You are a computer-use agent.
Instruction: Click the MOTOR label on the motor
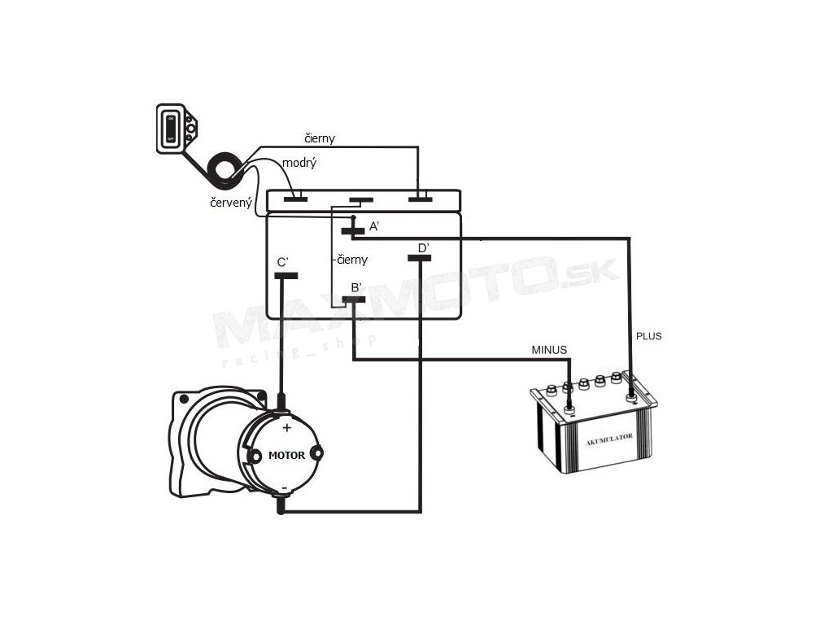[286, 455]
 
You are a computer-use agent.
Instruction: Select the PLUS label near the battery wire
[648, 335]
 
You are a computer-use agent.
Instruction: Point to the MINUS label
[549, 350]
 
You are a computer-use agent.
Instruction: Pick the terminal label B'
[356, 287]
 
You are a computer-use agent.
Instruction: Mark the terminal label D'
[423, 247]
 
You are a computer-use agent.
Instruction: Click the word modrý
[299, 164]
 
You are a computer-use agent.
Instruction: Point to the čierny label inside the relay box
[353, 260]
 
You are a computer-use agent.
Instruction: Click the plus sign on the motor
[286, 427]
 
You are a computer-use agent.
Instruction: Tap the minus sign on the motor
[286, 487]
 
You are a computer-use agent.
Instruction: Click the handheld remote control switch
[175, 129]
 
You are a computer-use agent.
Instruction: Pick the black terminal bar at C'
[285, 276]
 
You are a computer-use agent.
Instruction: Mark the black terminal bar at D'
[419, 259]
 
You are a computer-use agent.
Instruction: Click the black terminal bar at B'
[353, 299]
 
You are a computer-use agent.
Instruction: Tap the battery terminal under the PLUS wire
[631, 397]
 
